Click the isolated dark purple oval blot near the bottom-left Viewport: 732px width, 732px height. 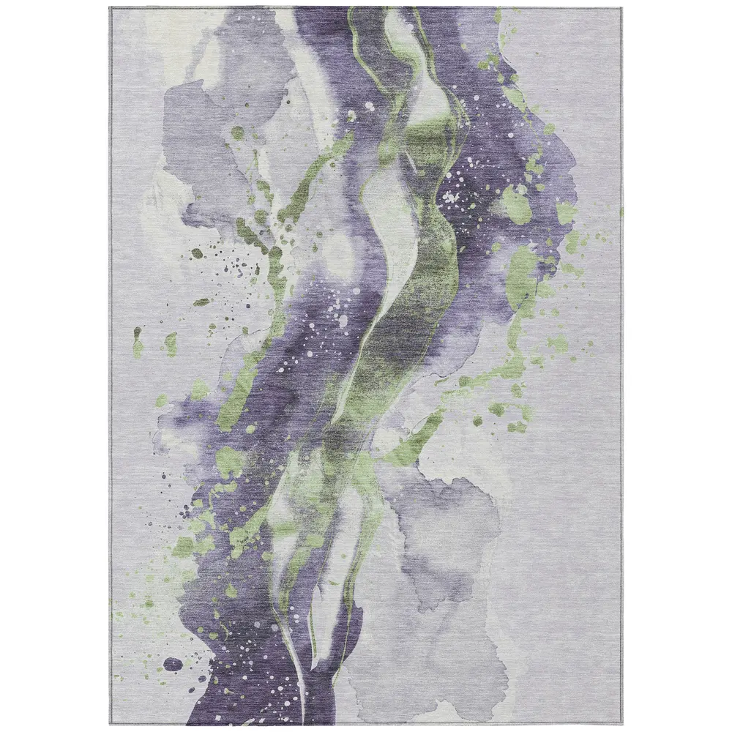point(173,664)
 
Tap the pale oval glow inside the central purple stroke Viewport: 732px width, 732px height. point(341,253)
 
